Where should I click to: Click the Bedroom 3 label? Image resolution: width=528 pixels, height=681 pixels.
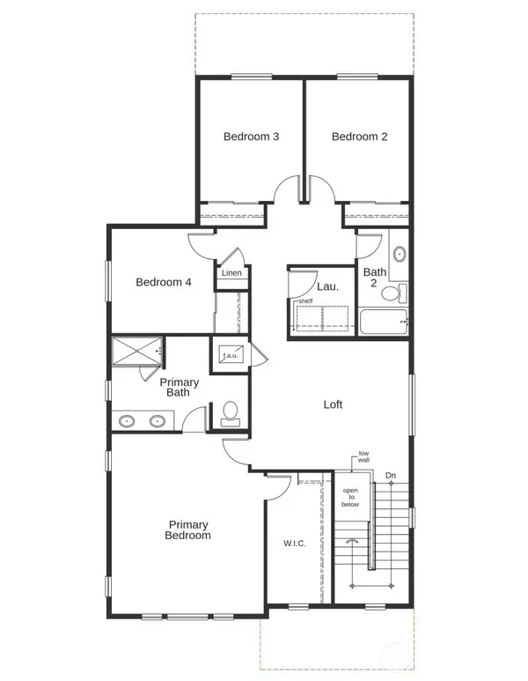[251, 137]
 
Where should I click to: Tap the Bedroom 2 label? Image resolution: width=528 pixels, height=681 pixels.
[359, 137]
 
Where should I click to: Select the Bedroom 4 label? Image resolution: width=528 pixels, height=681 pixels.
[163, 283]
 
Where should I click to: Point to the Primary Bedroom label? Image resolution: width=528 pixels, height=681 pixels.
[189, 529]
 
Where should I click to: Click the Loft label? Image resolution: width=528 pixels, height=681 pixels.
[333, 404]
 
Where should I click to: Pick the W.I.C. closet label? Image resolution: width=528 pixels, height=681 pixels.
[294, 543]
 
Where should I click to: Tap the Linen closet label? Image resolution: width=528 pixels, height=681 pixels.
[231, 273]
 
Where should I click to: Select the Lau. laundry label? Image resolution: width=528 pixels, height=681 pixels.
[327, 285]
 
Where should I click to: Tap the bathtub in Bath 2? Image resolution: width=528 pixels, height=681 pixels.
[383, 322]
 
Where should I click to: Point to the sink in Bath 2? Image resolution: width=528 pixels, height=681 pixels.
[399, 255]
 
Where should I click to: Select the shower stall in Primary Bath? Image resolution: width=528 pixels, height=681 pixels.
[136, 352]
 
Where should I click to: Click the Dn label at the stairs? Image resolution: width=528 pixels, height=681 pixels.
[391, 477]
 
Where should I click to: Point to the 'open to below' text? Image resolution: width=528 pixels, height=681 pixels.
[350, 498]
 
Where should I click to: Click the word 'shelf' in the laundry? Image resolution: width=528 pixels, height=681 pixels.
[305, 301]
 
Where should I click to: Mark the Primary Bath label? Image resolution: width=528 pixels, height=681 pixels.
[179, 388]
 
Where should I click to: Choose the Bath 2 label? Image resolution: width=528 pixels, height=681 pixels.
[375, 278]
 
